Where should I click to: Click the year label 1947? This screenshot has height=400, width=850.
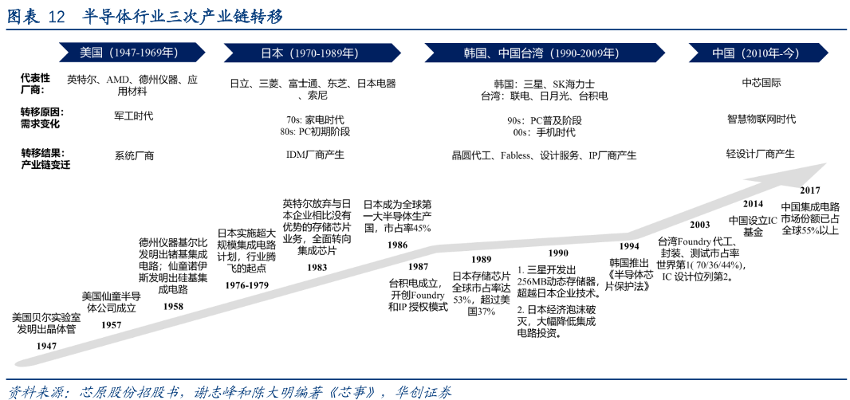(x=46, y=345)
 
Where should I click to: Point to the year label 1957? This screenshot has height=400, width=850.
(x=112, y=325)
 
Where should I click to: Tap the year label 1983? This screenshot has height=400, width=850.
(x=317, y=267)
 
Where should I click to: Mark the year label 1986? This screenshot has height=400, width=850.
(x=397, y=245)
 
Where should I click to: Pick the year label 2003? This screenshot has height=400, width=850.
(x=700, y=224)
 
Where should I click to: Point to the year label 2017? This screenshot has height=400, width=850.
(x=810, y=190)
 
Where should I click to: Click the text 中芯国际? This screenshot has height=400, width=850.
(x=761, y=84)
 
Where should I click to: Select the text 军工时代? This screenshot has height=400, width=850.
(x=133, y=116)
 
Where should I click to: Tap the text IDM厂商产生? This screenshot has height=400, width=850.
(x=315, y=155)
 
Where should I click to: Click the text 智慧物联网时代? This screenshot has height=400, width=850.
(x=761, y=119)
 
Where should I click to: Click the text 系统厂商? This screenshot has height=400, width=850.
(x=134, y=156)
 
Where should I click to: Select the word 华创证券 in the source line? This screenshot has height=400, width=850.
(x=431, y=391)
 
